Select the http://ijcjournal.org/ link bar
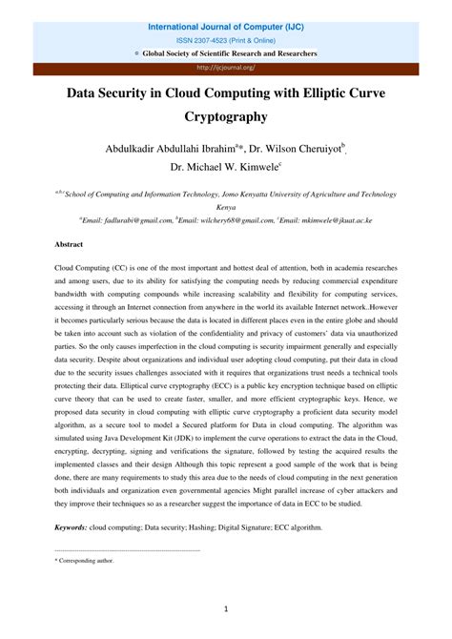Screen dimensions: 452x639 [226, 68]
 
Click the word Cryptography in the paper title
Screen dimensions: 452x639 [226, 117]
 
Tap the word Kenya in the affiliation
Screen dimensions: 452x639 [226, 205]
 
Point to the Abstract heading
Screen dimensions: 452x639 [70, 244]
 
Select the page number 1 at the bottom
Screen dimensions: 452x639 [226, 607]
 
